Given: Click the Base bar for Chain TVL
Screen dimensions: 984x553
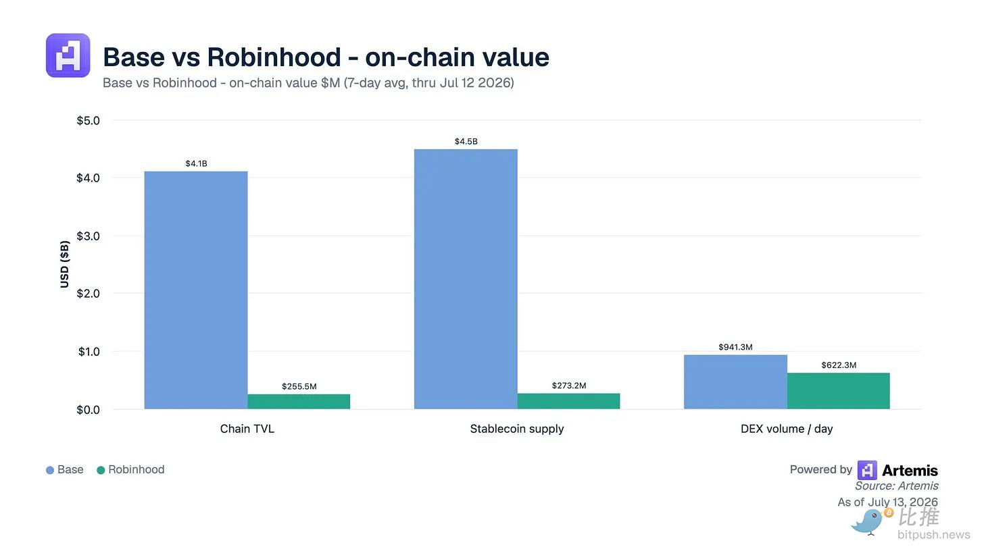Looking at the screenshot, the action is click(x=196, y=290).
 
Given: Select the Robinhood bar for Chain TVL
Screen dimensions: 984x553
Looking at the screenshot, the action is click(x=299, y=402).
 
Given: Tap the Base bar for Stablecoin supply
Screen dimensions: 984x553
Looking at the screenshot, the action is click(x=466, y=279).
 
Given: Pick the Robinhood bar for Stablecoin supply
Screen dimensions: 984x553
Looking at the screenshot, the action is click(x=568, y=401).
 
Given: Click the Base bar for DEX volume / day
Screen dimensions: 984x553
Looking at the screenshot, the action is click(x=735, y=382).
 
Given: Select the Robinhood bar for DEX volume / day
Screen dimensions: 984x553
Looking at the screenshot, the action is click(x=838, y=391).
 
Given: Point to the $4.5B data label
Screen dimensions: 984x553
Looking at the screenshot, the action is click(x=466, y=141).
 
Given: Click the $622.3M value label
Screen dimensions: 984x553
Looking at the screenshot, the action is click(x=839, y=365).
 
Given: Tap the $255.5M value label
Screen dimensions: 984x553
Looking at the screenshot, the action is click(x=299, y=386).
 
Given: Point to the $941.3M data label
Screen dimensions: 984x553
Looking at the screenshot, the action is click(x=735, y=347).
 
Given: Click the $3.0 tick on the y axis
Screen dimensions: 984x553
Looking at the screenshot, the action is click(x=89, y=236).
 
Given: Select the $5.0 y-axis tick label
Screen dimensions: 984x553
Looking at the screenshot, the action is click(x=89, y=121).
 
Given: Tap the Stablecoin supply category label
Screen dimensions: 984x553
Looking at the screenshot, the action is click(x=516, y=429).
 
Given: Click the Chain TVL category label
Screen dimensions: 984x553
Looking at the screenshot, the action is click(x=247, y=429).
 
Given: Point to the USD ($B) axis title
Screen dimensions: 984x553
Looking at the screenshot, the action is click(x=65, y=264).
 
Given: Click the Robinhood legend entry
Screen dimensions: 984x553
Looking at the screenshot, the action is click(x=130, y=470).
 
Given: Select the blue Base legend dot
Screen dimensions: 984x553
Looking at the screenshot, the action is click(x=50, y=470).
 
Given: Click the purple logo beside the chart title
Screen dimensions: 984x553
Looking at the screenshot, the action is click(x=68, y=55).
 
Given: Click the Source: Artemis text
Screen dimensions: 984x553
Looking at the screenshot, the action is click(x=897, y=486).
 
